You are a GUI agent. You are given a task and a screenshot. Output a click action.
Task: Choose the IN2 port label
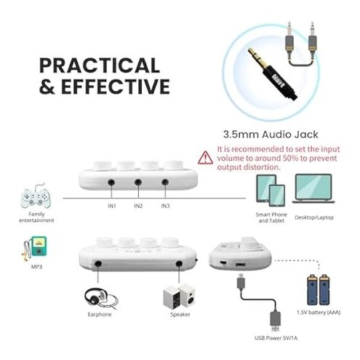tap(139, 206)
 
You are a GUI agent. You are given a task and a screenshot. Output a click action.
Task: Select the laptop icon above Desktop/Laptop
tap(312, 191)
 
